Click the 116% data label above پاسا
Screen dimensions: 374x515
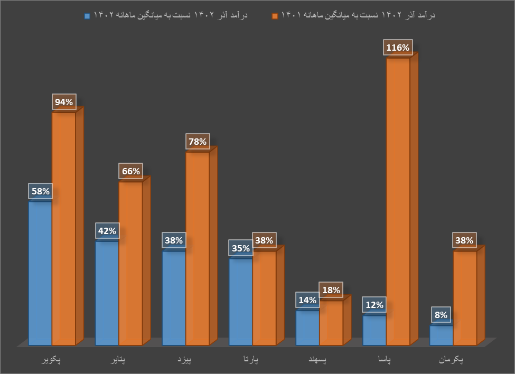coord(398,48)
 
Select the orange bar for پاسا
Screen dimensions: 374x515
coord(398,201)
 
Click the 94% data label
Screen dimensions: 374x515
coord(64,102)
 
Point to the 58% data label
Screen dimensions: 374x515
coord(41,191)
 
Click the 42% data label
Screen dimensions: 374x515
coord(107,231)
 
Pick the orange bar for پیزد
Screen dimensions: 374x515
coord(198,248)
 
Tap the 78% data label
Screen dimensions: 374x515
coord(198,142)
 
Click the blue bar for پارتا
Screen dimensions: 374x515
coord(241,302)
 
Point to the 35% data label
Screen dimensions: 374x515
coord(241,248)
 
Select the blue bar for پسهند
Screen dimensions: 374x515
coord(307,328)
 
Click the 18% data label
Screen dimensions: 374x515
coord(331,290)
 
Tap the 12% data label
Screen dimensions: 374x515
coord(374,305)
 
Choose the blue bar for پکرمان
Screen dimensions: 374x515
coord(441,335)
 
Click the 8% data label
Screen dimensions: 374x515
coord(441,315)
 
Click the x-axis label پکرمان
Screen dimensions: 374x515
coord(451,360)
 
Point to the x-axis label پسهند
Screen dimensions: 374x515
coord(317,360)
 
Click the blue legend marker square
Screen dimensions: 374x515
coord(87,16)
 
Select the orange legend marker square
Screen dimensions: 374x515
coord(275,16)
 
